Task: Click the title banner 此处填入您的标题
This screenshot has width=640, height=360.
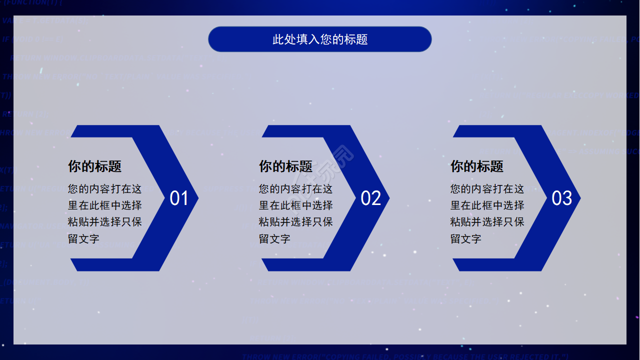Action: tap(320, 39)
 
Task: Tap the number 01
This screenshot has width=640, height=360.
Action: tap(179, 198)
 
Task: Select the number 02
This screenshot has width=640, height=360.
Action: tap(370, 198)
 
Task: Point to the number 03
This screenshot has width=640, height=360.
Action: tap(561, 198)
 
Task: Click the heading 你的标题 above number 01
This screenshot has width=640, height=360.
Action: tap(95, 166)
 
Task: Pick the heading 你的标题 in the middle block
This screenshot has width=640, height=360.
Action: tap(286, 166)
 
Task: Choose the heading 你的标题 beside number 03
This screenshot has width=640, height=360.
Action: tap(477, 166)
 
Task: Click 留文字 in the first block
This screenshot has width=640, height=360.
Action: tap(84, 238)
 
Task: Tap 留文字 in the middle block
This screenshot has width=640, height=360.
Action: tap(275, 238)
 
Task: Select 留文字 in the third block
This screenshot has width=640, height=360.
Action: tap(466, 238)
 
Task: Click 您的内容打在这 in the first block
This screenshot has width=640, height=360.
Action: tap(105, 189)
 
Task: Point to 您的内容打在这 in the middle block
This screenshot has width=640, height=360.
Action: tap(296, 189)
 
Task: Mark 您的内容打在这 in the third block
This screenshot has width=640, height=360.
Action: tap(487, 189)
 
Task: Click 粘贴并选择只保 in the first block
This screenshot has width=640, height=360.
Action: tap(105, 221)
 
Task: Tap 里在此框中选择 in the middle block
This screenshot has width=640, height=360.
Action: tap(296, 205)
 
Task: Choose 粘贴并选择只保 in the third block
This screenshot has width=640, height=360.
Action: tap(487, 221)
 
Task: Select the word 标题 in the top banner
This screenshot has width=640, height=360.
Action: tap(356, 39)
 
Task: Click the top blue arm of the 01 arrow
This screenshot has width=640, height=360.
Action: tap(115, 131)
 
